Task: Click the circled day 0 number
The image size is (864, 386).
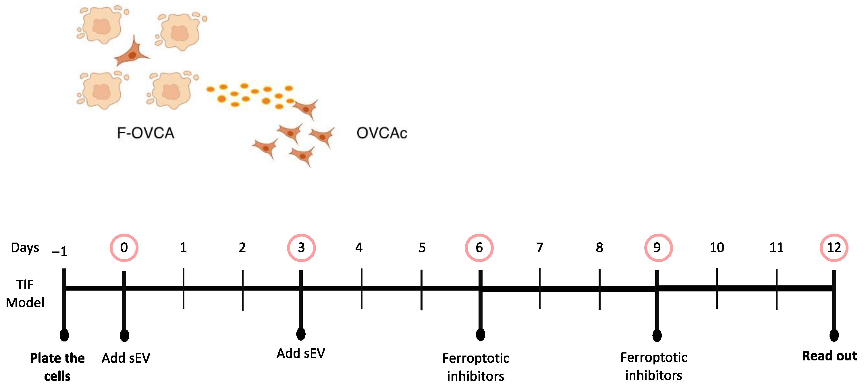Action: (x=124, y=248)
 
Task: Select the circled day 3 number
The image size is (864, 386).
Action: (x=301, y=248)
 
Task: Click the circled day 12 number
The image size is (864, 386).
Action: (x=834, y=248)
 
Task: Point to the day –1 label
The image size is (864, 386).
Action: (x=60, y=251)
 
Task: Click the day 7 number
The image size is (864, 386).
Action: (x=539, y=248)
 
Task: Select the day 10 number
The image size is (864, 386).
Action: (x=717, y=248)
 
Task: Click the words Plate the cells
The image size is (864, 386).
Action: (x=57, y=367)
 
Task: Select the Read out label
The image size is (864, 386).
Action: (x=829, y=356)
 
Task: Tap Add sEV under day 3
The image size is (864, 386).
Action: (x=301, y=354)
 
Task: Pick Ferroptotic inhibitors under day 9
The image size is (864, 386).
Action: (x=654, y=366)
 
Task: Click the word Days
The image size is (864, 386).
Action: (x=25, y=248)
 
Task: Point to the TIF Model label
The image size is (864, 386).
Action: (x=25, y=294)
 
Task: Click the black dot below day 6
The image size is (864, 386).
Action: (x=480, y=334)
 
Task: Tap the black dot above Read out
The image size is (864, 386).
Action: (x=834, y=335)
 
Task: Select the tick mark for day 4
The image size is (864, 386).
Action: (x=361, y=289)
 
